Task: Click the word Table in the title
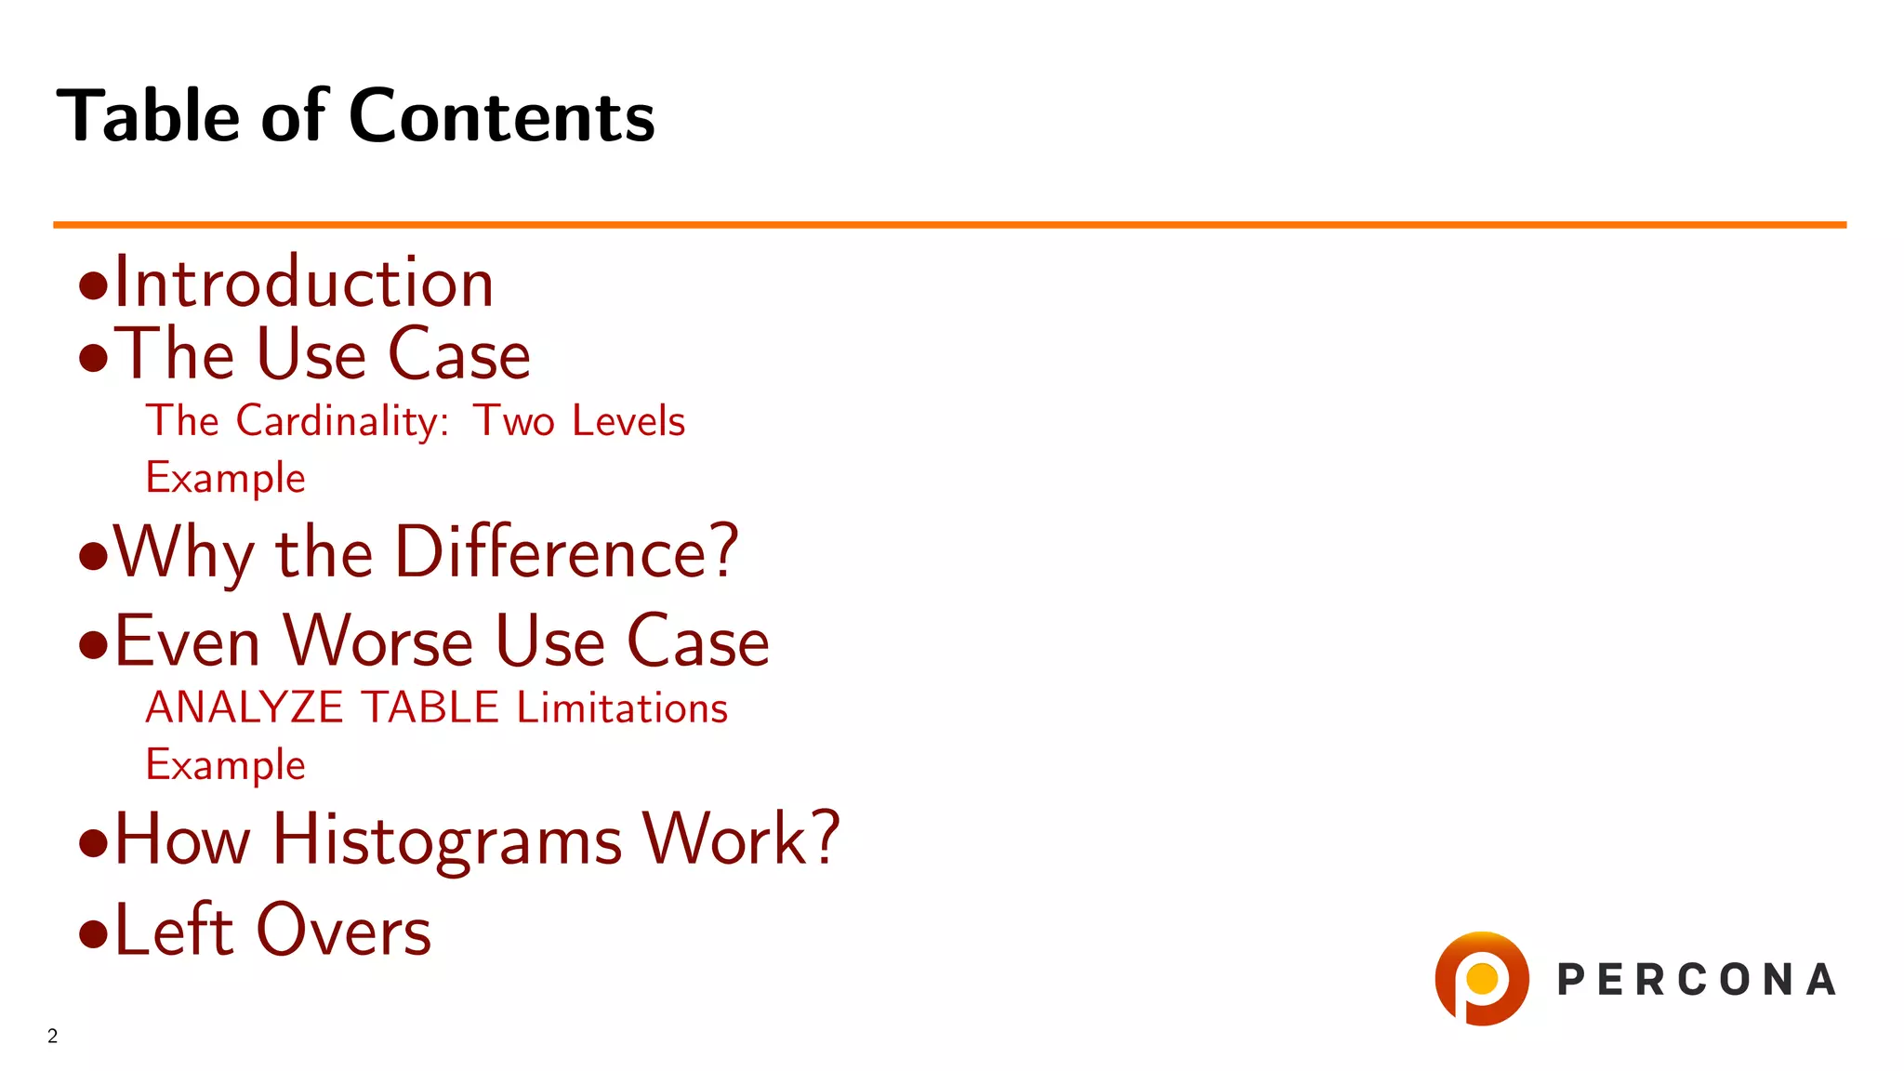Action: pyautogui.click(x=148, y=116)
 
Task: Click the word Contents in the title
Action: pyautogui.click(x=501, y=116)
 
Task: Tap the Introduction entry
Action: pyautogui.click(x=303, y=283)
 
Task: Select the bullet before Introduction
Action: pyautogui.click(x=93, y=285)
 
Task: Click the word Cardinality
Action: pyautogui.click(x=342, y=421)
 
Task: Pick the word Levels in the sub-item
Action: pyautogui.click(x=628, y=421)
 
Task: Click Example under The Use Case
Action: pyautogui.click(x=225, y=478)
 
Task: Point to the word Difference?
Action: pyautogui.click(x=566, y=552)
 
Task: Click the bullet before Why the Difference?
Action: pyautogui.click(x=93, y=556)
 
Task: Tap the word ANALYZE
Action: pyautogui.click(x=245, y=707)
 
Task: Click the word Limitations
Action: pyautogui.click(x=622, y=707)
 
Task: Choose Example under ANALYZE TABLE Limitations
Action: pyautogui.click(x=225, y=765)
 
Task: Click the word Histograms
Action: pyautogui.click(x=447, y=840)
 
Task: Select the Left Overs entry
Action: pyautogui.click(x=272, y=930)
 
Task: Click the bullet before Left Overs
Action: pyautogui.click(x=93, y=933)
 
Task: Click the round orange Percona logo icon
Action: pyautogui.click(x=1481, y=979)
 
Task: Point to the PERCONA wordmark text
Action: pyautogui.click(x=1697, y=980)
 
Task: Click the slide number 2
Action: pyautogui.click(x=53, y=1036)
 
